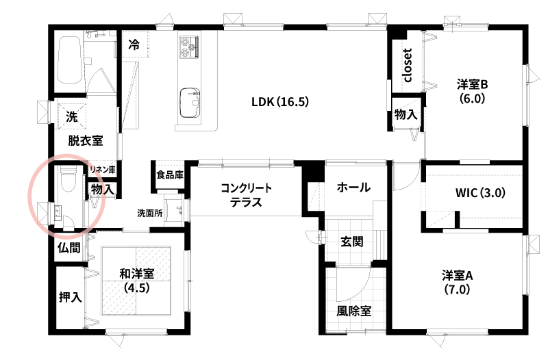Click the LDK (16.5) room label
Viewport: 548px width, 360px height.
pos(280,102)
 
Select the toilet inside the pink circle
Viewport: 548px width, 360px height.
pos(68,179)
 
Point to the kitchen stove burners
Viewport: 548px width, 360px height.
pos(189,47)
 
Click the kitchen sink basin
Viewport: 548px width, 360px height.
pos(190,103)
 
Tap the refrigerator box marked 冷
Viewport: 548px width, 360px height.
pos(136,44)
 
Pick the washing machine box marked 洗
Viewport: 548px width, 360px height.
pos(72,116)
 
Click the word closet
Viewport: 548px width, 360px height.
pos(408,65)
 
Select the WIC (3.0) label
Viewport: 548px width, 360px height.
pos(480,193)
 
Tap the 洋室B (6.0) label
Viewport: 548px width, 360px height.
pos(472,92)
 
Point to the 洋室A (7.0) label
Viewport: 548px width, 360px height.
pos(457,283)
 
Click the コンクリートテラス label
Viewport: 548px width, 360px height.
pos(246,195)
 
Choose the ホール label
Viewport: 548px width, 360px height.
pos(353,188)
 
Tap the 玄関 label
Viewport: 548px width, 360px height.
pos(352,242)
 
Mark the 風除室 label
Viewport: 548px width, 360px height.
pos(353,311)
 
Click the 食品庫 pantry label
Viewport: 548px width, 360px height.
pos(170,175)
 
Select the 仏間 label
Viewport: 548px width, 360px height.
pos(69,248)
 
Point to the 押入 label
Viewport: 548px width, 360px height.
pos(71,297)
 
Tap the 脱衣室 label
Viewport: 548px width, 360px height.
pos(85,141)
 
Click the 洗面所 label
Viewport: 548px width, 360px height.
pos(150,213)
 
